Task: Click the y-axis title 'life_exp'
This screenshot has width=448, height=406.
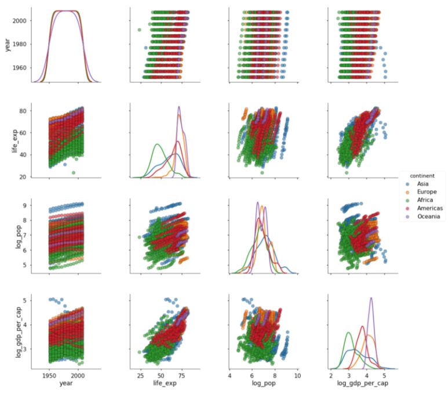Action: tap(8, 140)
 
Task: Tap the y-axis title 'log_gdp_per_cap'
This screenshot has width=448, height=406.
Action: tap(8, 333)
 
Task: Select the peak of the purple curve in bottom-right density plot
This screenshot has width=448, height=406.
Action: tap(371, 298)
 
